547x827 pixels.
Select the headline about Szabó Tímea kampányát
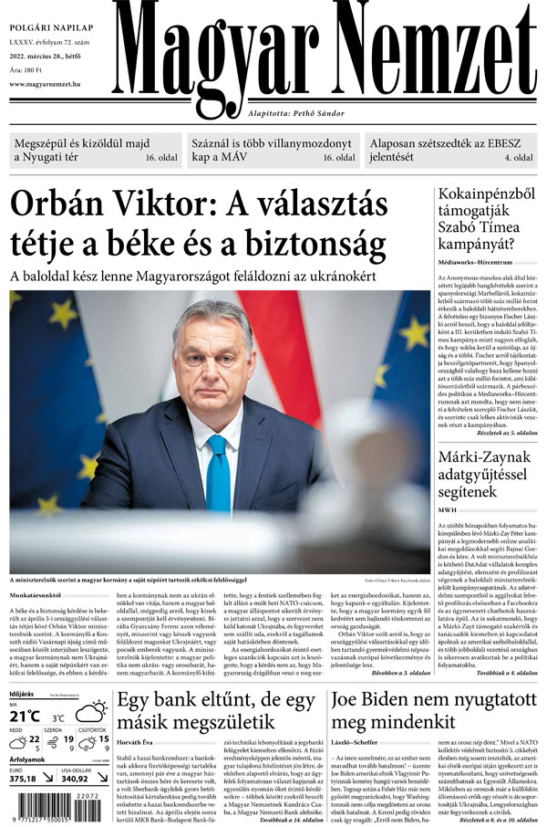pyautogui.click(x=482, y=220)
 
